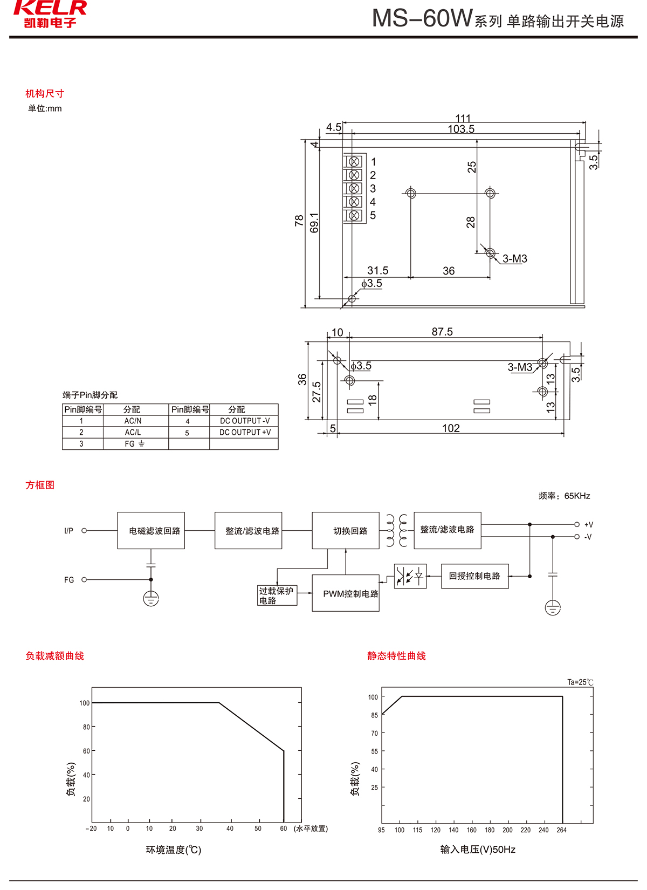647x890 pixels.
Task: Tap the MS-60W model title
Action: tap(422, 19)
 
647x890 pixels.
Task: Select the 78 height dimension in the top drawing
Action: tap(299, 221)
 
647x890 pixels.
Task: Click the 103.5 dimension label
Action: tap(461, 129)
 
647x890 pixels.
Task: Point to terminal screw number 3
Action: tap(354, 188)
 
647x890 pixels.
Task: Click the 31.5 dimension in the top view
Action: tap(377, 271)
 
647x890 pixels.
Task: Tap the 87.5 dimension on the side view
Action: tap(442, 332)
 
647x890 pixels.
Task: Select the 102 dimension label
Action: tap(451, 428)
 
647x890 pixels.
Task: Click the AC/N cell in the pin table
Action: tap(133, 421)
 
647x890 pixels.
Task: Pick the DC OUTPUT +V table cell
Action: tap(245, 433)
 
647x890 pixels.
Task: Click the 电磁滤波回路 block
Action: tap(151, 531)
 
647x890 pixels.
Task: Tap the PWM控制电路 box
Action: tap(346, 593)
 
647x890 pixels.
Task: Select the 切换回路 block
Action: tap(346, 531)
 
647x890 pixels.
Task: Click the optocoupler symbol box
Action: tap(410, 576)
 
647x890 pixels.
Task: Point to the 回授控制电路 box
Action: tap(474, 576)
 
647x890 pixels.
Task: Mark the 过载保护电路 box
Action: tap(277, 595)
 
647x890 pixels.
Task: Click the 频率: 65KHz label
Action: tap(564, 496)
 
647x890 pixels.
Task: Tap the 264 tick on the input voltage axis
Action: tap(561, 830)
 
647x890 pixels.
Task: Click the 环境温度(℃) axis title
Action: tap(174, 850)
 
